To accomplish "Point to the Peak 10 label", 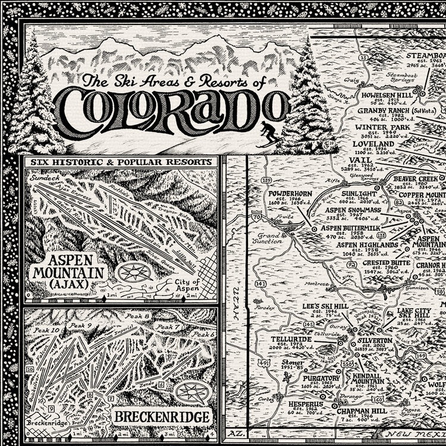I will [47, 330].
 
